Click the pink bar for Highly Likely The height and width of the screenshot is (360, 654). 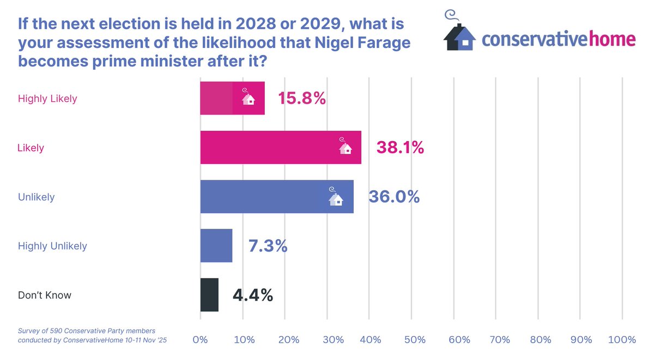232,99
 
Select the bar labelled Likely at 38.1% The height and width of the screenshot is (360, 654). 280,148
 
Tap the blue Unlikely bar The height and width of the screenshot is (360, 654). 276,197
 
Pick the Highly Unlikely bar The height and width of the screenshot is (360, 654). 216,246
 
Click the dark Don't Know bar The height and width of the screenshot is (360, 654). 209,295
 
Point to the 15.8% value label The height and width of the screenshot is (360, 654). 302,99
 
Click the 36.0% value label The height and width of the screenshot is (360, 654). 394,197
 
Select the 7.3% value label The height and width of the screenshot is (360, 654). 268,246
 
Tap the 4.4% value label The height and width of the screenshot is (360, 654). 253,295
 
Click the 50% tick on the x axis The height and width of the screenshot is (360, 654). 415,340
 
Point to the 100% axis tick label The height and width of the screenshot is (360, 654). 622,340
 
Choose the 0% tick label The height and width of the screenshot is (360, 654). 201,340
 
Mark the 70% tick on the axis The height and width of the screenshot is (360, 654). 500,340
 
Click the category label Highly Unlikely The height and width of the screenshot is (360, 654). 52,246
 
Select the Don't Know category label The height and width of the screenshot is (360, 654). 45,296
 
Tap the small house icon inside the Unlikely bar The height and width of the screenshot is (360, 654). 336,197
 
